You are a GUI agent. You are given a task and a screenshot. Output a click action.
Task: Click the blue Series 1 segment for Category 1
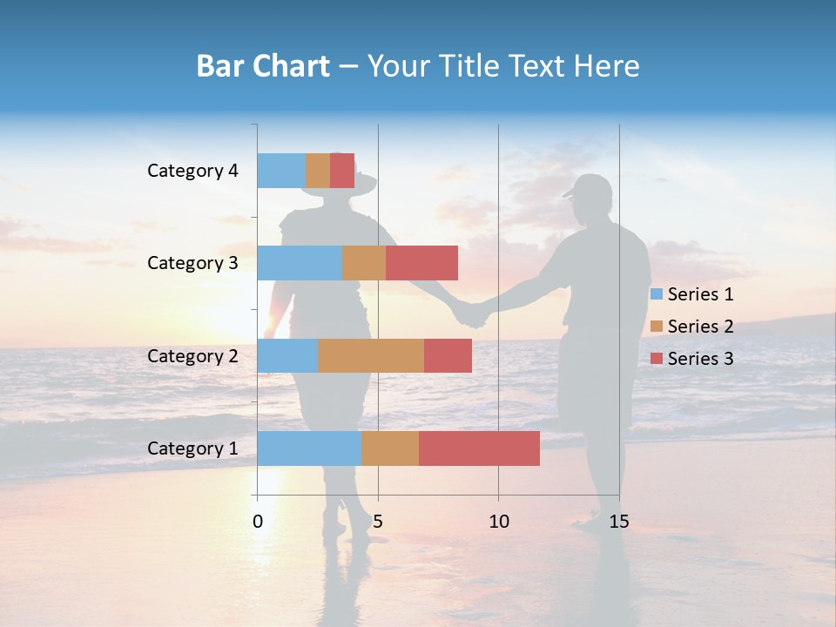coord(309,448)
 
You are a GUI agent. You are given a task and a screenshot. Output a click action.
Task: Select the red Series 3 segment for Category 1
coord(479,448)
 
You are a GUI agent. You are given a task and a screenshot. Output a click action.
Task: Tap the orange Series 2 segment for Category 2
coord(371,355)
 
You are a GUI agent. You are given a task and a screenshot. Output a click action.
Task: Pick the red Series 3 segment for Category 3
coord(421,263)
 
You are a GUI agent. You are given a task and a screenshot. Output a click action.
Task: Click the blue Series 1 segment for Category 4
coord(281,171)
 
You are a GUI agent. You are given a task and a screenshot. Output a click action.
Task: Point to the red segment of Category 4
coord(342,171)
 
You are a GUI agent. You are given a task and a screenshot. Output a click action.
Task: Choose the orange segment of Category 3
coord(364,263)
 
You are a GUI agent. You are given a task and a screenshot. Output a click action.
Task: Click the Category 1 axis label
coord(192,448)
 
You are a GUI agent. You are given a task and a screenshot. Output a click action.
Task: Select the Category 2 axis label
coord(192,356)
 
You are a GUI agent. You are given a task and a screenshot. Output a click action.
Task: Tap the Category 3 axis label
coord(192,263)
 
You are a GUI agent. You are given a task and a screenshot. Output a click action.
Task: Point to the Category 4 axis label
coord(192,171)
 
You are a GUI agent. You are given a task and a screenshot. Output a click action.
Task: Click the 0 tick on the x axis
coord(258,522)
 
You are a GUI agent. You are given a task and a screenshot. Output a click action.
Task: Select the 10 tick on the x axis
coord(498,522)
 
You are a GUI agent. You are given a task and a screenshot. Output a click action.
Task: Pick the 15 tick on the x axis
coord(619,522)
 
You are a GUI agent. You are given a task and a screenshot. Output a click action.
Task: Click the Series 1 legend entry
coord(692,294)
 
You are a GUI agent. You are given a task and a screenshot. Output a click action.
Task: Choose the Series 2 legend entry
coord(692,327)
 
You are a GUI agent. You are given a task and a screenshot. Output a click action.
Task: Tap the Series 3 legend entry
coord(692,358)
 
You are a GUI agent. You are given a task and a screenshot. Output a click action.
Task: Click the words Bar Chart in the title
coord(263,66)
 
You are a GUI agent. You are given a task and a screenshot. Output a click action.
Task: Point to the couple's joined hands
coord(471,312)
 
